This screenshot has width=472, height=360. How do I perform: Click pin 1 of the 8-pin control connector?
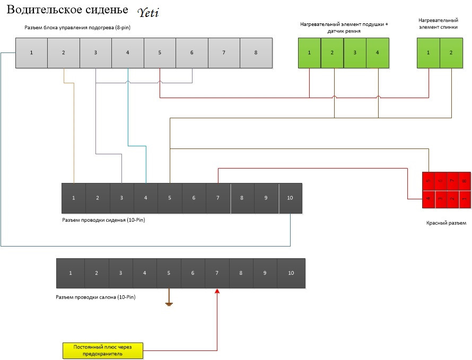click(31, 53)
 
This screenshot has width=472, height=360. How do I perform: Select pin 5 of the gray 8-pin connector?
click(160, 53)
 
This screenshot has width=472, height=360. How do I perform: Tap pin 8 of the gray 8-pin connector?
click(256, 53)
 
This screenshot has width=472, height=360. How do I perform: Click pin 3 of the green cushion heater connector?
click(355, 52)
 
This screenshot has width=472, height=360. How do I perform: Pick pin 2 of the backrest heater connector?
click(451, 52)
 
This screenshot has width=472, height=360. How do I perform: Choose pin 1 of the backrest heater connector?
click(428, 52)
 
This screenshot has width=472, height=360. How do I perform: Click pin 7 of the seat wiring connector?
click(218, 198)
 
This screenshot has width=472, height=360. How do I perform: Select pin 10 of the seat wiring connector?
click(290, 198)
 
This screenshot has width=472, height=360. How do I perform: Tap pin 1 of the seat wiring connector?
click(74, 198)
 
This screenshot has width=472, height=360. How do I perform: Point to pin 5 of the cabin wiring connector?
click(169, 273)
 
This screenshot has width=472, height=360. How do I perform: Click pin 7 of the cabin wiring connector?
click(217, 273)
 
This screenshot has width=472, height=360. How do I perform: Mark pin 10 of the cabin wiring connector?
click(291, 273)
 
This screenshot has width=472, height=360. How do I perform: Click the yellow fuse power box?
click(102, 350)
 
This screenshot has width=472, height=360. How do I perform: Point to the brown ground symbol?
click(169, 304)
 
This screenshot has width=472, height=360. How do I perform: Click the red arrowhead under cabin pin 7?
click(217, 292)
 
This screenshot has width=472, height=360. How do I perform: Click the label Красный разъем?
click(446, 223)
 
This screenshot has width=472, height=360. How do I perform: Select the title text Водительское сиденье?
click(67, 11)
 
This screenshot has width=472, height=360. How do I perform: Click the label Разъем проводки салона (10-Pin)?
click(95, 297)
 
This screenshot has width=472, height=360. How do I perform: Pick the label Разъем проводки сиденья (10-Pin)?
click(103, 219)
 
